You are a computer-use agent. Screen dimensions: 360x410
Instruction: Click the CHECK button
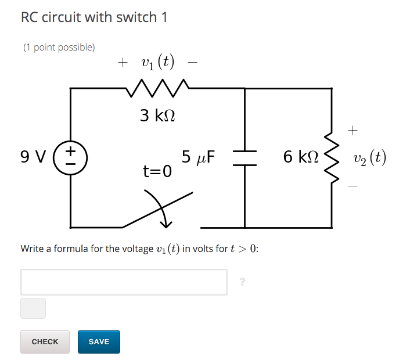[x=45, y=342]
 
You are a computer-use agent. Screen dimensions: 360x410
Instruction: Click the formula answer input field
[x=124, y=282]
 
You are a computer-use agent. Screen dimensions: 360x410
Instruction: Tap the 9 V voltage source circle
[x=71, y=157]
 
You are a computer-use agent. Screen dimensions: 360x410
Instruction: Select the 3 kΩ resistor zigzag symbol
[x=157, y=88]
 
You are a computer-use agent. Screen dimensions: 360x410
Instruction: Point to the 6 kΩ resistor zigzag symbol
[x=332, y=157]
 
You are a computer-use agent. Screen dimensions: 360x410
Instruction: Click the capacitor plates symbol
[x=244, y=157]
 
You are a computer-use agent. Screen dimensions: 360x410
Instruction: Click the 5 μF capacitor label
[x=198, y=157]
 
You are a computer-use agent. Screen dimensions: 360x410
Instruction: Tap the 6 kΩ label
[x=300, y=157]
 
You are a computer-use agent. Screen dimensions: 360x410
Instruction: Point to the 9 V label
[x=33, y=157]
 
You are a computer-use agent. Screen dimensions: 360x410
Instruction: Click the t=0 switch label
[x=157, y=171]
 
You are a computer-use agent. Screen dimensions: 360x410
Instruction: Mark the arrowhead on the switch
[x=167, y=223]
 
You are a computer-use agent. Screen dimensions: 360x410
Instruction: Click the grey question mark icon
[x=242, y=282]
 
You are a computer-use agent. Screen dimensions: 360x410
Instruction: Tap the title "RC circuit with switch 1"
[x=94, y=17]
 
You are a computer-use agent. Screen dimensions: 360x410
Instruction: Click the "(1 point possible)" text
[x=59, y=47]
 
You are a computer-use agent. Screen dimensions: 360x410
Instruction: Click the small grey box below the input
[x=33, y=308]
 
